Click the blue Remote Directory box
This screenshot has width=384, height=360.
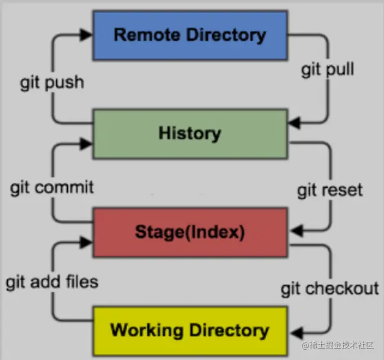(189, 34)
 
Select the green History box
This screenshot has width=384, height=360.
(189, 133)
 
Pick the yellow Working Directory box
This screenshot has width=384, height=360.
(189, 330)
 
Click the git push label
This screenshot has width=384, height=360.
(52, 83)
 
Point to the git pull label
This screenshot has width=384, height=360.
(328, 69)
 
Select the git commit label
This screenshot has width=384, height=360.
(52, 187)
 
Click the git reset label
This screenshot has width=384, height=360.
(330, 190)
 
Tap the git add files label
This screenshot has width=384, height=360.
(52, 281)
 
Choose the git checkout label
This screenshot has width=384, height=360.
(329, 289)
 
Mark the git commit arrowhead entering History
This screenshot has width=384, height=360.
(87, 144)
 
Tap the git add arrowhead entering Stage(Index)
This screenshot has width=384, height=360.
(87, 242)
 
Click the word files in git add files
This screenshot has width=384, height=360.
(81, 281)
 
